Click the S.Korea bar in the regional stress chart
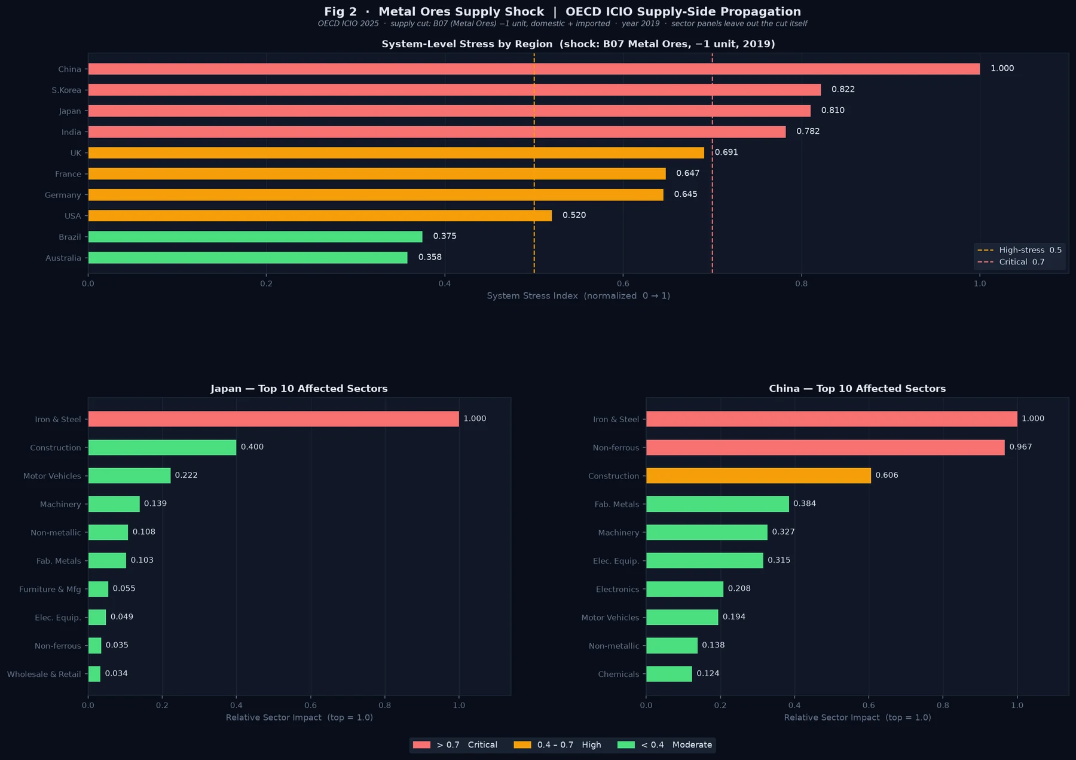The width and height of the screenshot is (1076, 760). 454,90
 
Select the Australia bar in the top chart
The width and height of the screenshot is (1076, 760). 248,258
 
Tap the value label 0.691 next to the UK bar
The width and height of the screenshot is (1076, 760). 726,152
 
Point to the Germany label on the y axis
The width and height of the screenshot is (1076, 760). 63,195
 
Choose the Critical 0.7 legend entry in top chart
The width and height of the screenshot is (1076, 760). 1011,262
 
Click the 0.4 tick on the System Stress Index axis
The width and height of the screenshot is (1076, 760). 445,283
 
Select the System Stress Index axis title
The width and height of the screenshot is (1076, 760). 579,296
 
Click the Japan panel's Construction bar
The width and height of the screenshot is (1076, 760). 162,447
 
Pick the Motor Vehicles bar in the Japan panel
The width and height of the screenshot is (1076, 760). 129,476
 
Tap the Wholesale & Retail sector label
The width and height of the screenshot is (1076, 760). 44,674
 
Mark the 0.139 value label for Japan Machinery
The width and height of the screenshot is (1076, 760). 155,503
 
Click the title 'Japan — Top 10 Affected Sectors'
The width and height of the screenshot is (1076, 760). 299,389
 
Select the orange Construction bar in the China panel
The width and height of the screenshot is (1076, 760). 759,476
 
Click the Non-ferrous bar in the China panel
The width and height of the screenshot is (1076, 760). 826,447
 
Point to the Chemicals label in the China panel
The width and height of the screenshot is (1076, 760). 619,674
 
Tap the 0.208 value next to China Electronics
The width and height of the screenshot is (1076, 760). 739,588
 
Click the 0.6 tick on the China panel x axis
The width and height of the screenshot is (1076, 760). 869,705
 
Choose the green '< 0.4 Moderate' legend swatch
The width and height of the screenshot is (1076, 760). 626,745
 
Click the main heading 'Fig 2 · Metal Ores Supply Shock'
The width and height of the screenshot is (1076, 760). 434,12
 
